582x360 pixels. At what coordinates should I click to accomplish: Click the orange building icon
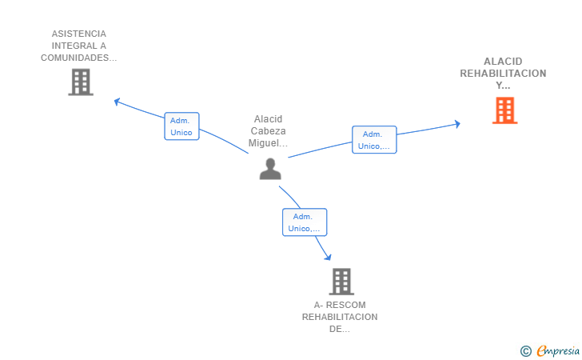(x=504, y=110)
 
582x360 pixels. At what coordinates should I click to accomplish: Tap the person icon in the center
(x=270, y=169)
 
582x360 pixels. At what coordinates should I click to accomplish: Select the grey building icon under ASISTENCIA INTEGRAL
(x=81, y=82)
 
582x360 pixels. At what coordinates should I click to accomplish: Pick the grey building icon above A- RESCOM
(x=341, y=282)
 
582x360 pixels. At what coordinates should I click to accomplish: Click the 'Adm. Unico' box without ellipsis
(x=181, y=126)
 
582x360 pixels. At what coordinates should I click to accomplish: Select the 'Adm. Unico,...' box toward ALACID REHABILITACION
(x=374, y=140)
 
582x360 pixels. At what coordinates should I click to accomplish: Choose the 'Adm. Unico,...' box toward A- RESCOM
(x=305, y=222)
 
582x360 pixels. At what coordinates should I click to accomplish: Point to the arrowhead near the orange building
(x=457, y=124)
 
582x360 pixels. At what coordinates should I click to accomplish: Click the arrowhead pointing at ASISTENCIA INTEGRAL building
(x=117, y=102)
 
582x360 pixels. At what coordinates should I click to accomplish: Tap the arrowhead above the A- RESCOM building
(x=328, y=257)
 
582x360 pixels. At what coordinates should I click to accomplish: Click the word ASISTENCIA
(x=78, y=34)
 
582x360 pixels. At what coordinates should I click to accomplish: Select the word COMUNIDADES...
(x=74, y=58)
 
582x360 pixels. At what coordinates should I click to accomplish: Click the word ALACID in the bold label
(x=503, y=62)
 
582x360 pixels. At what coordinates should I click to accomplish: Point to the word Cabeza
(x=268, y=131)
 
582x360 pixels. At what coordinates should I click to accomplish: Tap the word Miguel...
(x=264, y=143)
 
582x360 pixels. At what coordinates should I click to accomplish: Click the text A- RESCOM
(x=340, y=305)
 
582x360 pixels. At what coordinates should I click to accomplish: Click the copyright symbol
(x=525, y=351)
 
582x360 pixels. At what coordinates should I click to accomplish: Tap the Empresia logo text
(x=558, y=350)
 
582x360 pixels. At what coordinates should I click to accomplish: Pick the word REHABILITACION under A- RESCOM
(x=340, y=317)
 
